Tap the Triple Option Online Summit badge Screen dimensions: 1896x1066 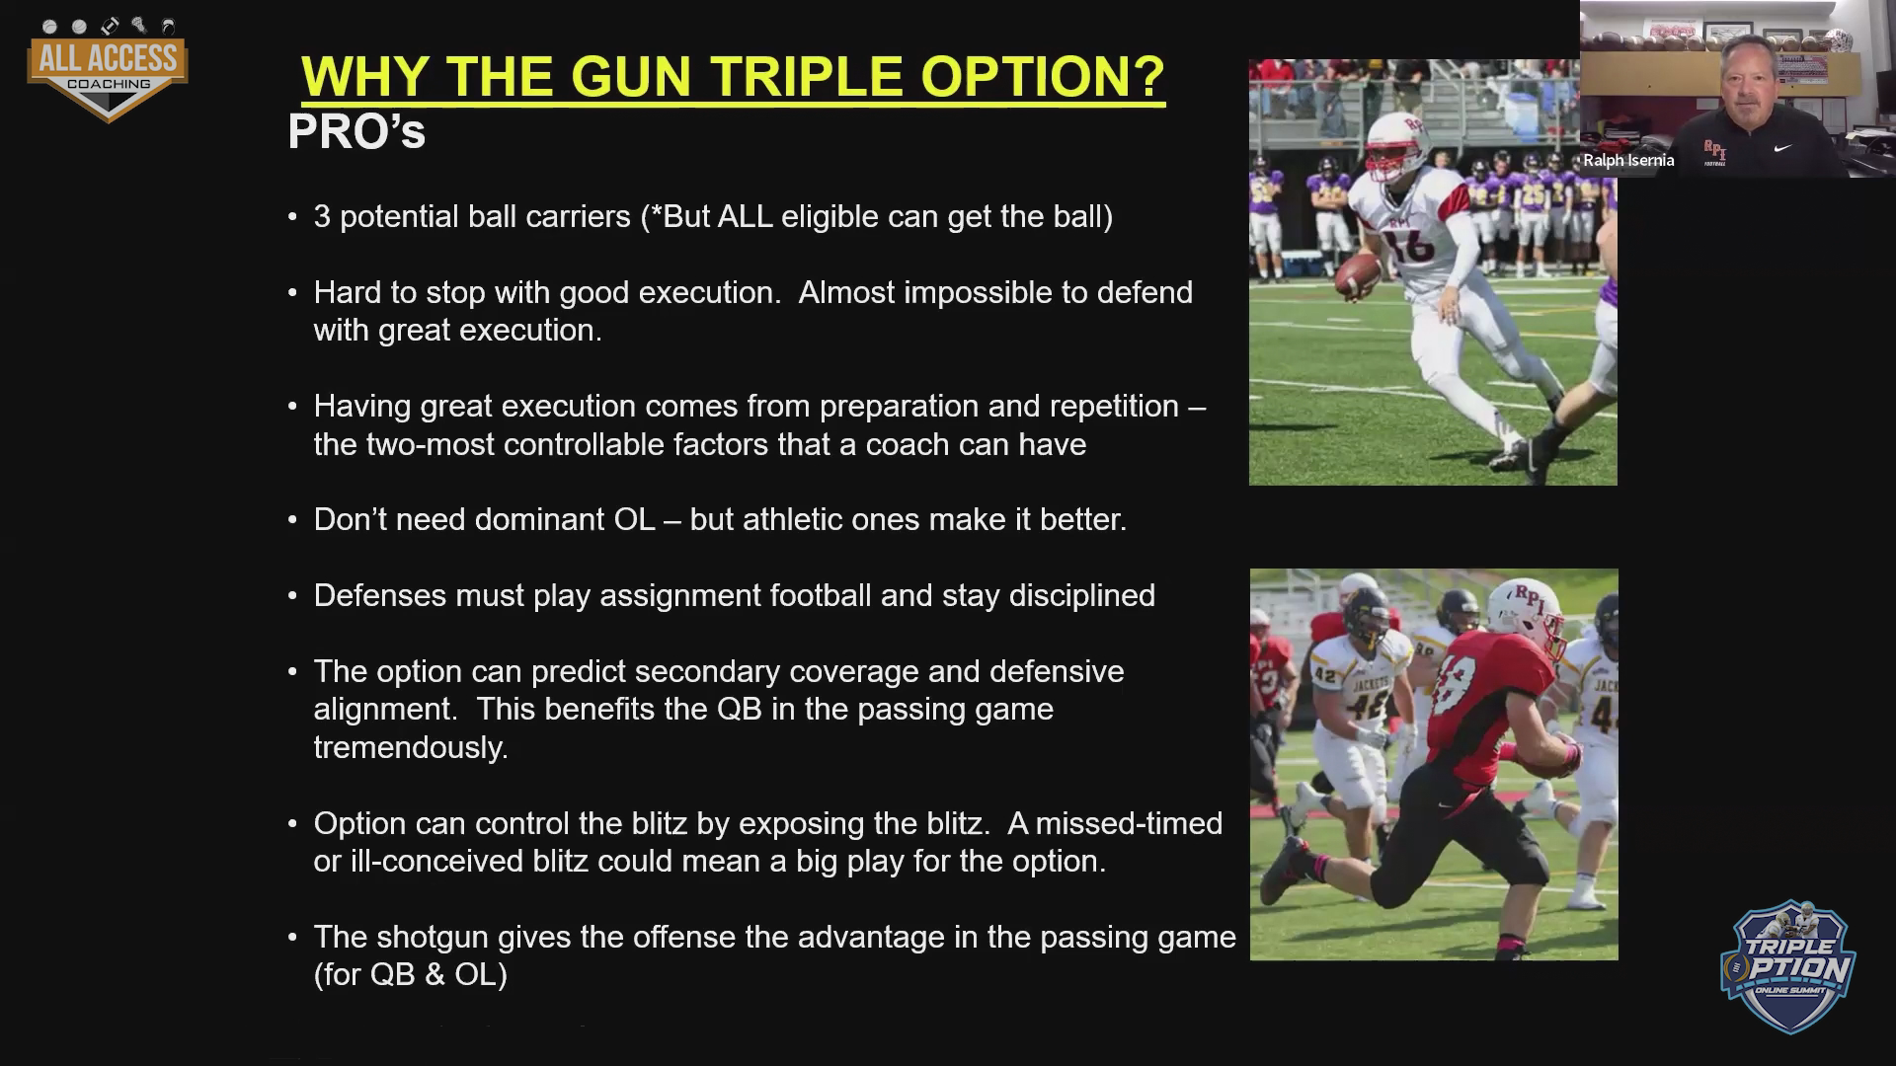[1788, 966]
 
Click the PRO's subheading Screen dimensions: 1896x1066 [356, 132]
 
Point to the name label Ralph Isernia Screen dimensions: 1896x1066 [1628, 160]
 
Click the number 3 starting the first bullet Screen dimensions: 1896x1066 [322, 216]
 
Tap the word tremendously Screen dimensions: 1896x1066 [411, 747]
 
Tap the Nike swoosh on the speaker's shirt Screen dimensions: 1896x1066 [1782, 149]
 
